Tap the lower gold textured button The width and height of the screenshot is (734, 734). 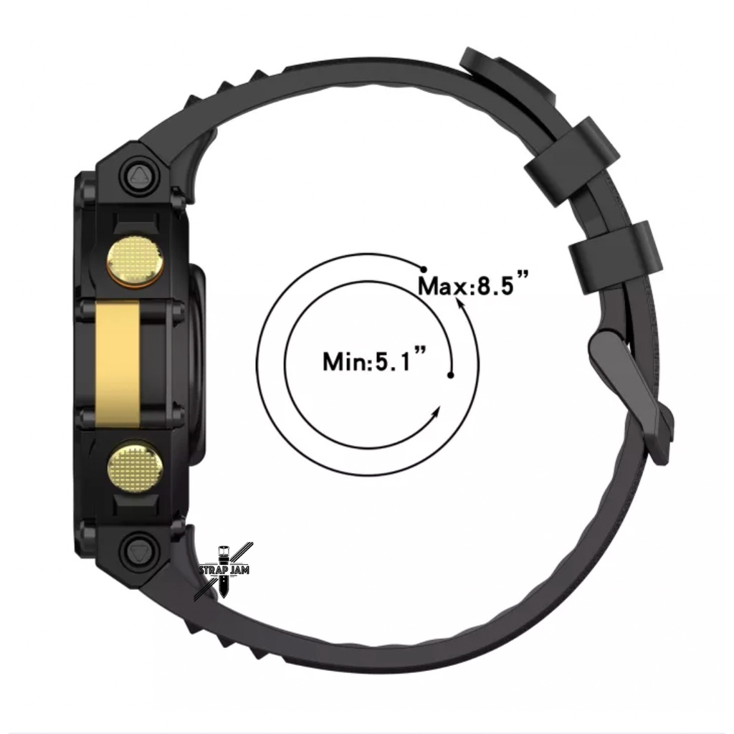pos(135,466)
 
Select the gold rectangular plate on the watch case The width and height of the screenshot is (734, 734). pos(118,364)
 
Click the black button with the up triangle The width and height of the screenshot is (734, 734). pos(139,176)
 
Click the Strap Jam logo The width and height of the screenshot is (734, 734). pos(224,571)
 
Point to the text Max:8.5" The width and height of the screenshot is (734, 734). pos(473,285)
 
